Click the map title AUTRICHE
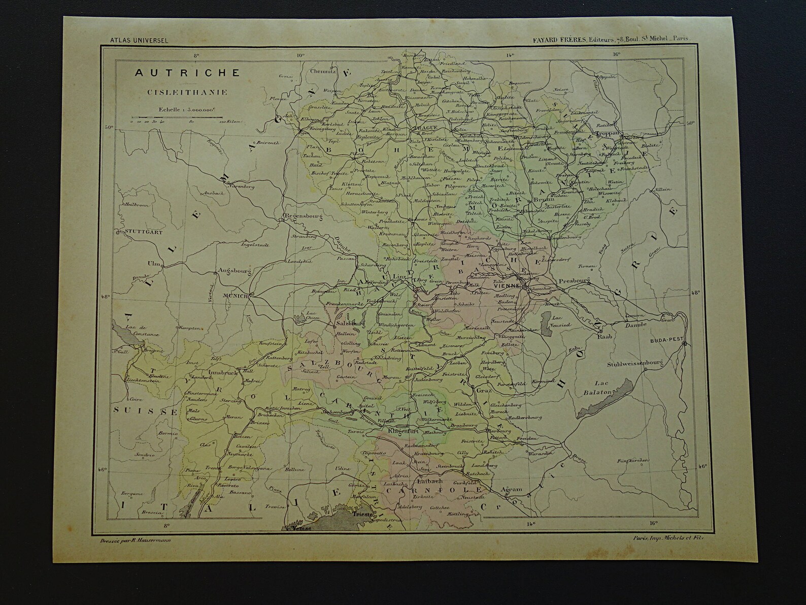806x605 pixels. click(187, 73)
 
